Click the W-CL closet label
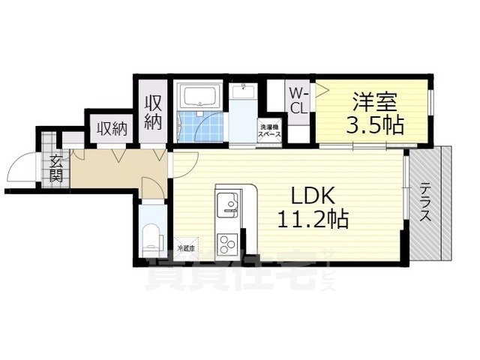tap(298, 100)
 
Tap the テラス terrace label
tap(425, 202)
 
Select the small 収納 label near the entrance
tap(112, 128)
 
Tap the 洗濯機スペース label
tap(270, 131)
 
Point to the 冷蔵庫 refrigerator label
tap(186, 248)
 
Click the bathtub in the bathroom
tap(199, 96)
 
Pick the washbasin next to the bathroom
tap(243, 92)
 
